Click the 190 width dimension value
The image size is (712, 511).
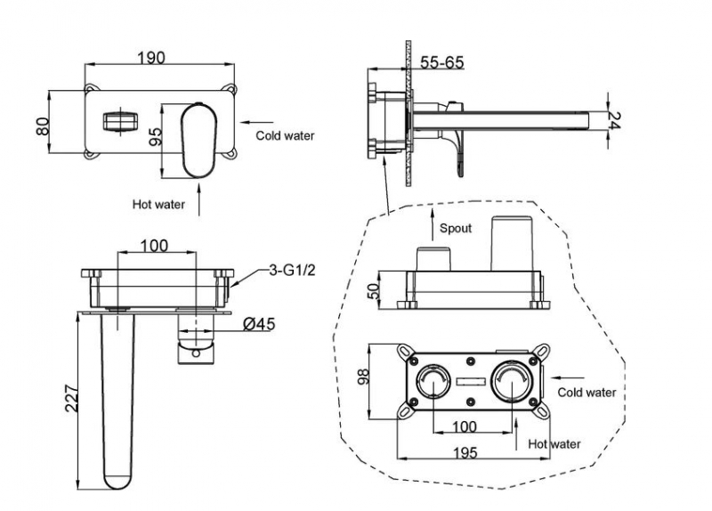(152, 58)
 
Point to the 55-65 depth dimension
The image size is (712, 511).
(441, 62)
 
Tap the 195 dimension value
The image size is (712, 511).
(464, 452)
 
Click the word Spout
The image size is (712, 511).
(457, 229)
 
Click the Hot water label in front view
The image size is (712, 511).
(158, 204)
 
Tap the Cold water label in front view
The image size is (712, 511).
(285, 136)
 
